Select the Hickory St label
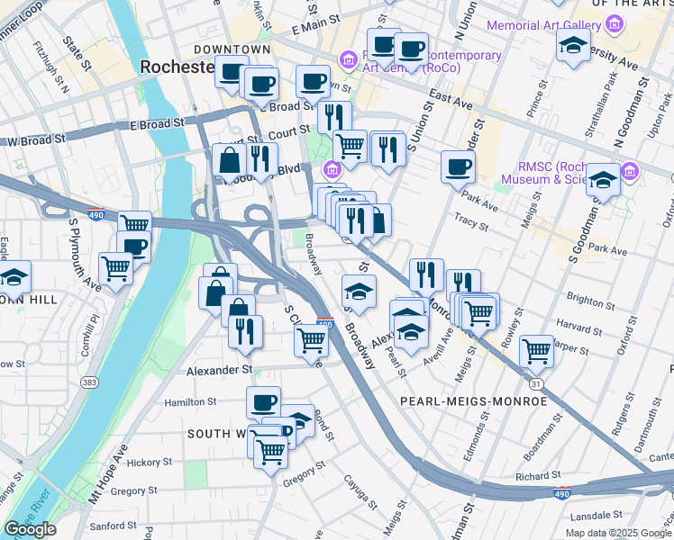pyautogui.click(x=149, y=463)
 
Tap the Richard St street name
pyautogui.click(x=539, y=475)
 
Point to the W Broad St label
pyautogui.click(x=36, y=140)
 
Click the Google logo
pyautogui.click(x=30, y=529)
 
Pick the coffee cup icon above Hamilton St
pyautogui.click(x=263, y=402)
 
